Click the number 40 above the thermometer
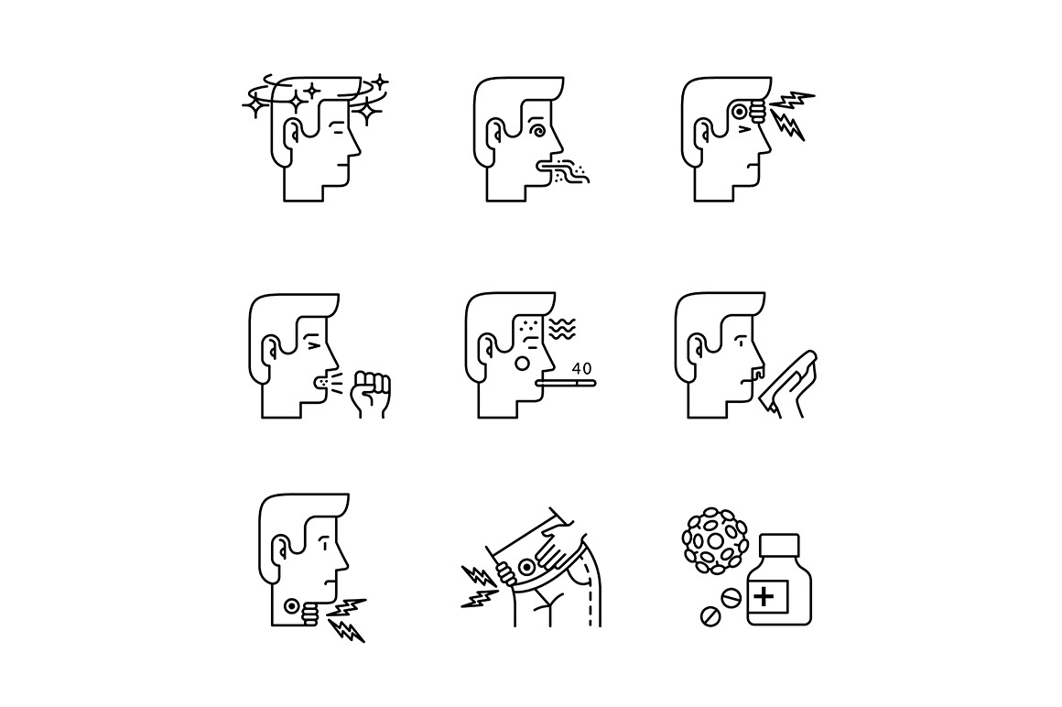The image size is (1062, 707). pyautogui.click(x=581, y=369)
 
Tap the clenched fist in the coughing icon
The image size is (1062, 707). pyautogui.click(x=371, y=394)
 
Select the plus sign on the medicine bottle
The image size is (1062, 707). pyautogui.click(x=764, y=596)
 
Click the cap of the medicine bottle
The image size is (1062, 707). pyautogui.click(x=780, y=544)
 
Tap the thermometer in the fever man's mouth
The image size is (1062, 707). pyautogui.click(x=565, y=384)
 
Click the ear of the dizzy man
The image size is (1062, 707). pyautogui.click(x=293, y=131)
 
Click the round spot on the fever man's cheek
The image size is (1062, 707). pyautogui.click(x=523, y=364)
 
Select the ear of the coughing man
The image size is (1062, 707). pyautogui.click(x=271, y=348)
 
